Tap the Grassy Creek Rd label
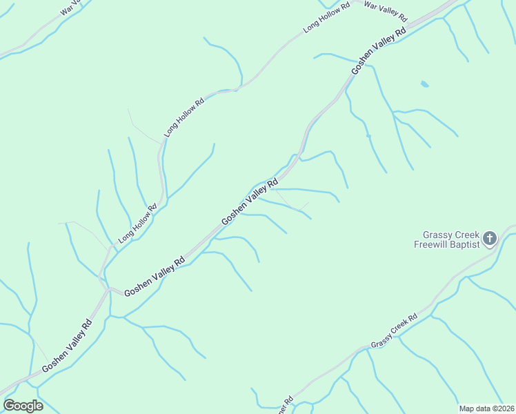point(394,331)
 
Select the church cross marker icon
point(489,239)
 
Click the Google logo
point(23,406)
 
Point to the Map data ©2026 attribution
point(486,408)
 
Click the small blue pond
point(424,84)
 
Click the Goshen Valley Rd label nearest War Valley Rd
point(379,51)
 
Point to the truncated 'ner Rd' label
point(285,405)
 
